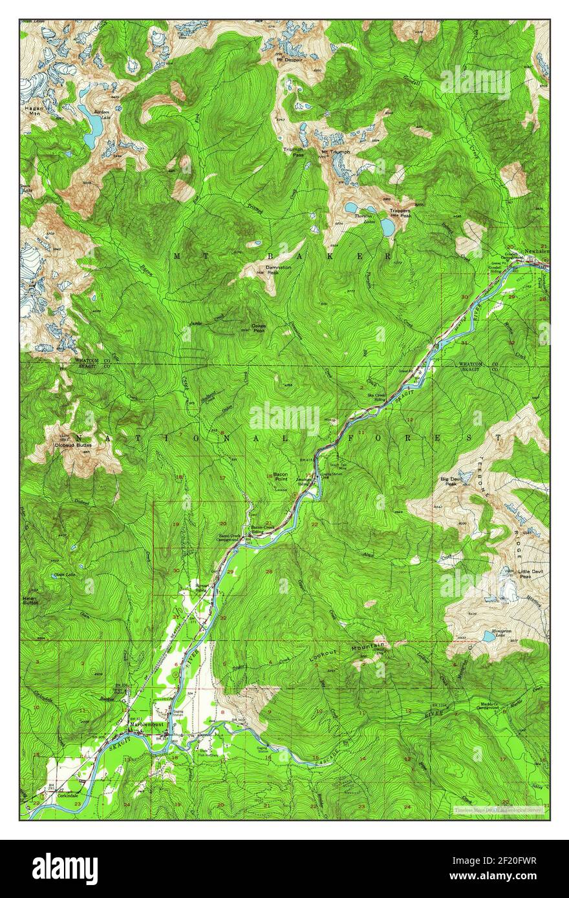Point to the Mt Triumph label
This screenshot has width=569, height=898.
336,152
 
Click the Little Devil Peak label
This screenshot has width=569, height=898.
526,574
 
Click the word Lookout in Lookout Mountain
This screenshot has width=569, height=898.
323,655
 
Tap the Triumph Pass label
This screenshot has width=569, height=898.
294,152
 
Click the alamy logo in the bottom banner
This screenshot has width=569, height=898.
65,869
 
